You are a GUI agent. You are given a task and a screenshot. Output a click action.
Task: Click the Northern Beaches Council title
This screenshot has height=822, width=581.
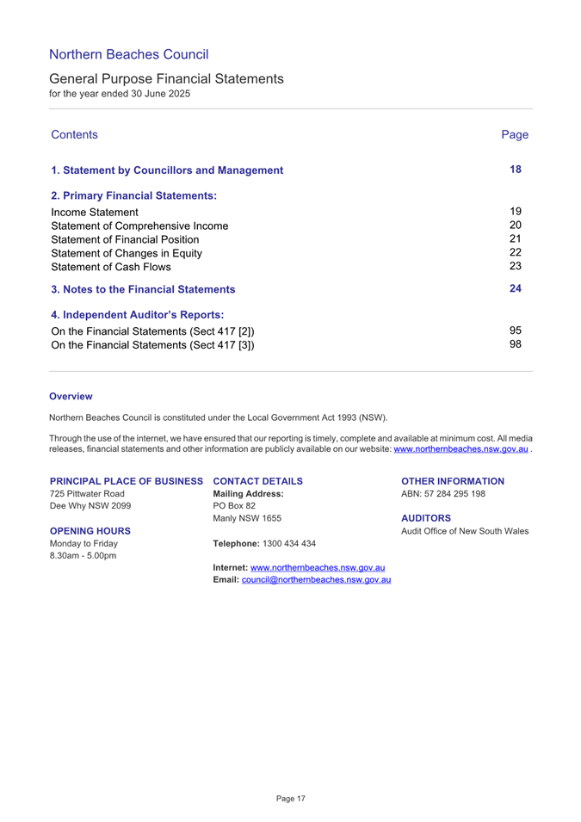point(128,55)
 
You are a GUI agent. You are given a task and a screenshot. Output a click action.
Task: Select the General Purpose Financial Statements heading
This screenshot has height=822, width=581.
point(166,78)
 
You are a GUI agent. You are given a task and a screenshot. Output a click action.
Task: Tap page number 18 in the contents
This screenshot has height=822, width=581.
point(516,170)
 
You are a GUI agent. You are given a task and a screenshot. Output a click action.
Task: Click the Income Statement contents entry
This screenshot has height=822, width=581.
point(95,212)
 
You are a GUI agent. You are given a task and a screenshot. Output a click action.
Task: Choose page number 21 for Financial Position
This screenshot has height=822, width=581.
point(516,239)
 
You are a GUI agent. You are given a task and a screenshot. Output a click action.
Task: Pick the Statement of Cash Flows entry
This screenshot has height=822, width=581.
point(111,267)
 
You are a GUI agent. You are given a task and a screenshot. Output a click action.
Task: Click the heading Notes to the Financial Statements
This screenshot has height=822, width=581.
point(143,289)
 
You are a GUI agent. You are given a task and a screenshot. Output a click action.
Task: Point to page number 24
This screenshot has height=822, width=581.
point(516,288)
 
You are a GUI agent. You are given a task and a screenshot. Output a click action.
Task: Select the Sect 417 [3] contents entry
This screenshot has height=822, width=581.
point(152,345)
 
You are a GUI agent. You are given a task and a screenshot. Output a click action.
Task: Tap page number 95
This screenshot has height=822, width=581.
point(516,331)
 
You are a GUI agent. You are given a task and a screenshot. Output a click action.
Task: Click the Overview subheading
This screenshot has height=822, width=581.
point(71,397)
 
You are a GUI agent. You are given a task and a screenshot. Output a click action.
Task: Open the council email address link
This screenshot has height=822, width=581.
point(316,580)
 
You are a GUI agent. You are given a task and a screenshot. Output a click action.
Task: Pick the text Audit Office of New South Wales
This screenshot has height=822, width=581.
point(465,531)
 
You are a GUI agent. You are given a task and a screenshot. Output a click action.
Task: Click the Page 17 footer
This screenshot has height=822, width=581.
point(290,799)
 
